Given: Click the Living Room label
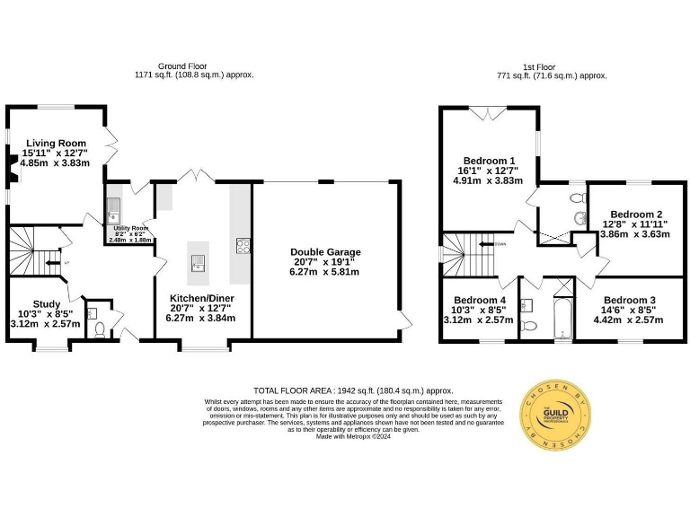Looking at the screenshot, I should [x=56, y=143].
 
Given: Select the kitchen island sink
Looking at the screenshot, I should [x=197, y=262].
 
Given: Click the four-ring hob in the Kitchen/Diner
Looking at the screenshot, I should [x=243, y=246].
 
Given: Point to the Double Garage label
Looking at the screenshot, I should [x=326, y=252].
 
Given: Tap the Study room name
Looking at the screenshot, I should [x=46, y=303].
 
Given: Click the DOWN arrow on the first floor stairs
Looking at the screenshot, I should [x=488, y=243].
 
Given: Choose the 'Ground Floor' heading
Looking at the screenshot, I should [x=181, y=66].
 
